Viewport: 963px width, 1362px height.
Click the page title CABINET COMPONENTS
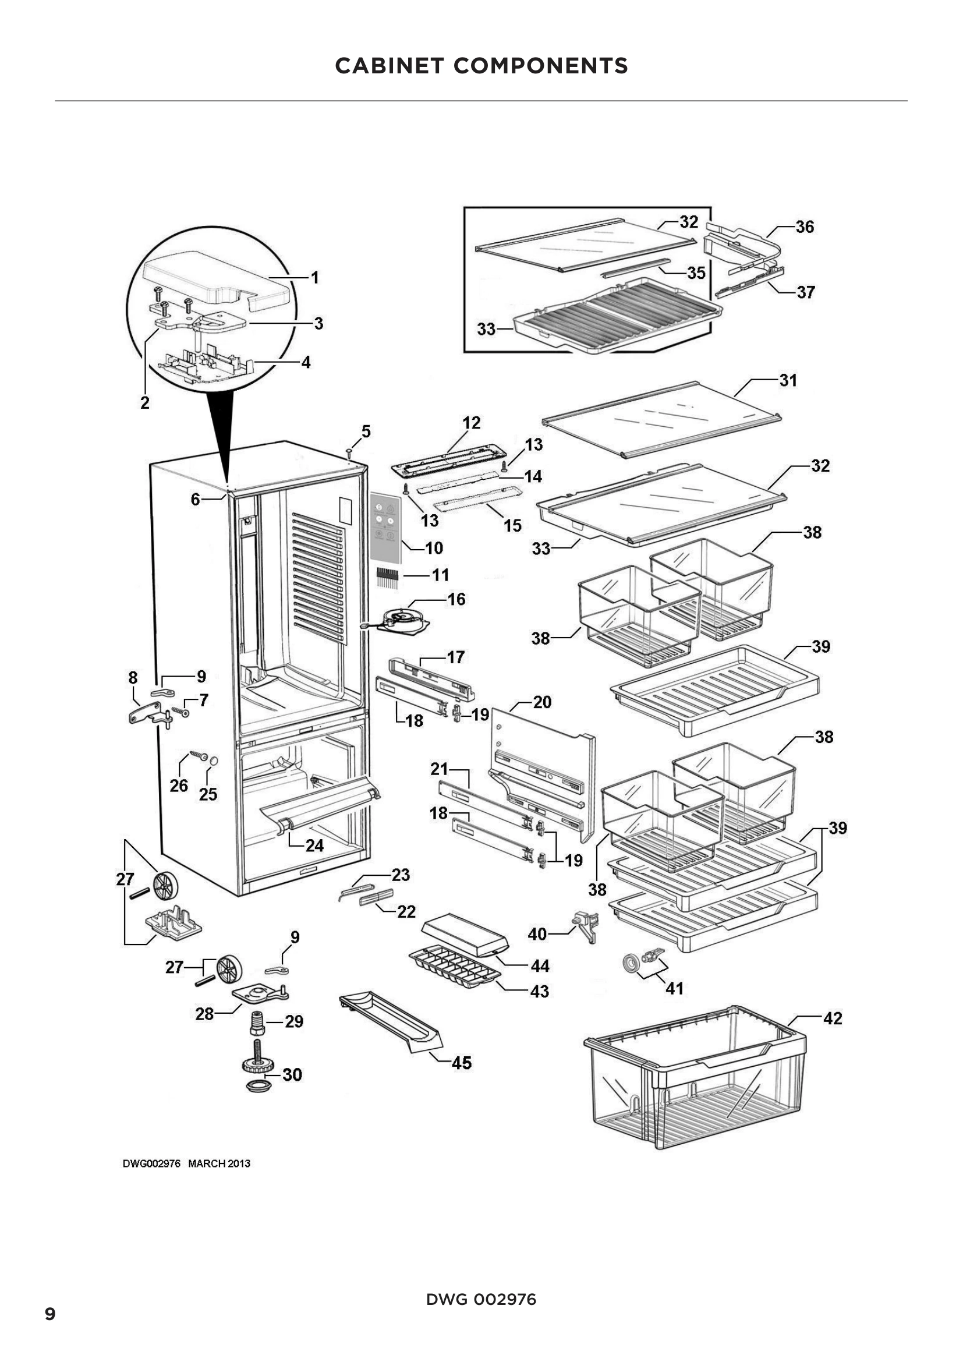(x=481, y=66)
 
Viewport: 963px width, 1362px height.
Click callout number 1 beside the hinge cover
(x=316, y=278)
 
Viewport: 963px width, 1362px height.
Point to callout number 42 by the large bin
(x=833, y=1018)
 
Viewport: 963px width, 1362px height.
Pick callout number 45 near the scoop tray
(x=461, y=1063)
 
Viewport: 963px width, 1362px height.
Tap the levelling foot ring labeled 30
(x=256, y=1086)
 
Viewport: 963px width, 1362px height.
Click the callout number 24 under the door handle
(x=314, y=845)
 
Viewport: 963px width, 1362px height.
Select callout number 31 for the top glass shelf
(x=788, y=380)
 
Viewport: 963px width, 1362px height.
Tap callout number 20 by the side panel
(x=542, y=702)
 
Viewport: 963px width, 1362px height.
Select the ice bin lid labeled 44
(x=463, y=936)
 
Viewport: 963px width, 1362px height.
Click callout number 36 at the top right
(x=805, y=227)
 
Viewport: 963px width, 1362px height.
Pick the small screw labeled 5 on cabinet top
(x=349, y=454)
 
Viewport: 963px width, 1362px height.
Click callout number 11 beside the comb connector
(x=440, y=575)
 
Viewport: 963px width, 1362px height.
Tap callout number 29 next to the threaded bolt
(x=294, y=1021)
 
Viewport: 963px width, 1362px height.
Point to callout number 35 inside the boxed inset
(x=696, y=273)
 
